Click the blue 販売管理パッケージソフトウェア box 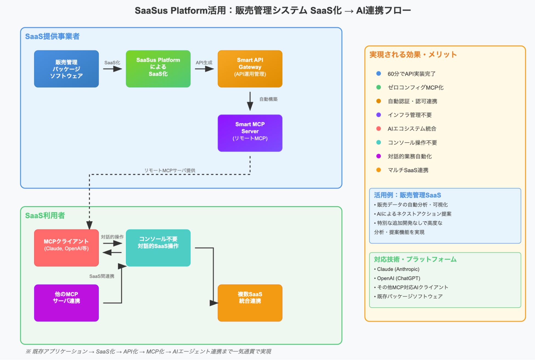tap(66, 69)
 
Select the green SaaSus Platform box tap(158, 69)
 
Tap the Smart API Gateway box tap(250, 69)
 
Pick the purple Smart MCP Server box tap(250, 133)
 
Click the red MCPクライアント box tap(66, 248)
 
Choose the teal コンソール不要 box tap(158, 248)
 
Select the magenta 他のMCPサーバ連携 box tap(66, 303)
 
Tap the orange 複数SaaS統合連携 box tap(250, 303)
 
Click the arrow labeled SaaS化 tap(112, 69)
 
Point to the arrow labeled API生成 tap(204, 69)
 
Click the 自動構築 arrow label tap(268, 99)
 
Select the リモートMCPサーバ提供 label tap(170, 170)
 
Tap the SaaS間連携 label tap(102, 276)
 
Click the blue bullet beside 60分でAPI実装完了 tap(379, 74)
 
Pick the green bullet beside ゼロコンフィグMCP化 tap(379, 87)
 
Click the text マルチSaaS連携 tap(408, 170)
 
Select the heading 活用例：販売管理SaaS tap(407, 195)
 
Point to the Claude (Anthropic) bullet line tap(398, 269)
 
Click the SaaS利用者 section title tap(45, 216)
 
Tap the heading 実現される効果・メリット tap(413, 55)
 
